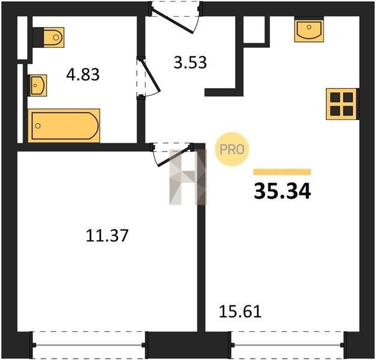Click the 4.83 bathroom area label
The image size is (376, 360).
point(83,74)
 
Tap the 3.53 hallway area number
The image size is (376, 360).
point(190,62)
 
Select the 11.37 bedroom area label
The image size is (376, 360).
point(107,235)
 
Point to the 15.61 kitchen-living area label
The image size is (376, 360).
point(240,312)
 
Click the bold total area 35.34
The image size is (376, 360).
point(282,191)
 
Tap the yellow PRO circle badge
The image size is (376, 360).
point(232,149)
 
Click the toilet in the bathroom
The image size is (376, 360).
point(49,37)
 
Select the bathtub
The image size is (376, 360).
point(64,125)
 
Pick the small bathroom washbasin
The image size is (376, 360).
point(38,85)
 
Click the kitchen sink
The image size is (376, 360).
point(309,29)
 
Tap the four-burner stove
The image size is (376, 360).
point(342,104)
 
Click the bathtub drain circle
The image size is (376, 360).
point(38,126)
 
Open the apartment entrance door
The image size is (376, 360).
point(173,22)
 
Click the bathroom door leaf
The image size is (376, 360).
point(151,75)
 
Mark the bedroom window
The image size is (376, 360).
point(89,345)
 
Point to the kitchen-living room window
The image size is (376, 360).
point(288,345)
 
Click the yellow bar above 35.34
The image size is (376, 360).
point(282,172)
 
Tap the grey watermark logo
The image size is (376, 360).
point(188,177)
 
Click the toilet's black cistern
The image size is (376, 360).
point(38,37)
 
